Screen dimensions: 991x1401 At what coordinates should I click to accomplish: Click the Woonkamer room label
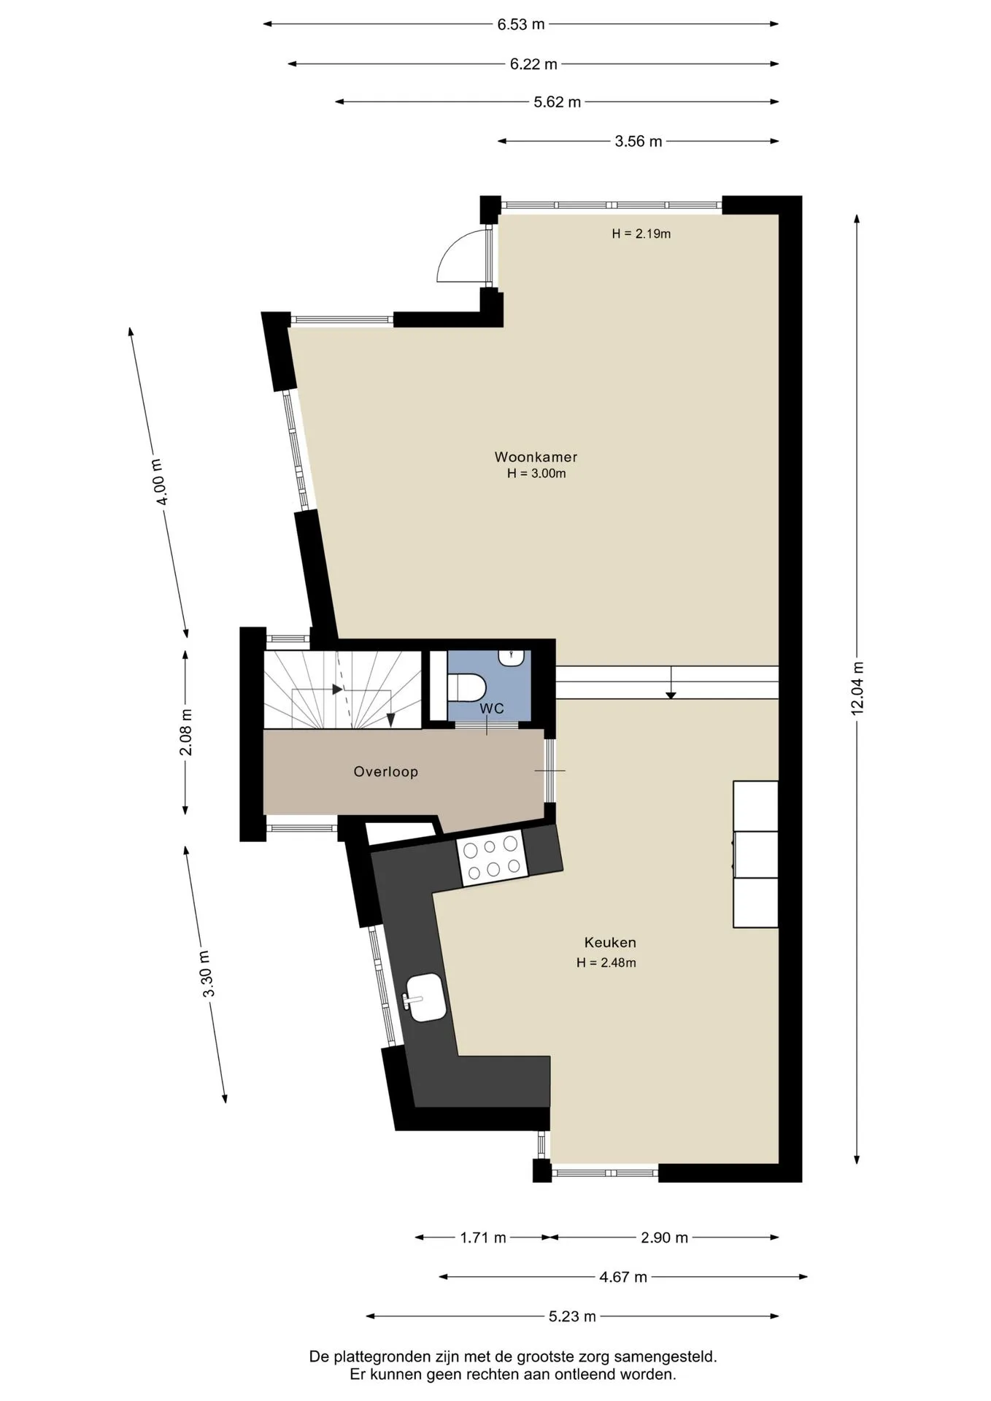pyautogui.click(x=536, y=458)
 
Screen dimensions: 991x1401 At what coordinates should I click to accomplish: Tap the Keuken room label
pyautogui.click(x=610, y=943)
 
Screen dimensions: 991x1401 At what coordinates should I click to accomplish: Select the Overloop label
pyautogui.click(x=385, y=772)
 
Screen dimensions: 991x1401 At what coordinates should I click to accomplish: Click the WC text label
pyautogui.click(x=492, y=709)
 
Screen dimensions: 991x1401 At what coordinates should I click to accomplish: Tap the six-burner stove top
pyautogui.click(x=491, y=857)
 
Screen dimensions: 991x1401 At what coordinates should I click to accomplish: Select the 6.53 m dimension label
pyautogui.click(x=521, y=24)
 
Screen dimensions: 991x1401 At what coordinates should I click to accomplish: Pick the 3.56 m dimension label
pyautogui.click(x=639, y=142)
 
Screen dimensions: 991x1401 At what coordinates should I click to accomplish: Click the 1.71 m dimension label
pyautogui.click(x=483, y=1238)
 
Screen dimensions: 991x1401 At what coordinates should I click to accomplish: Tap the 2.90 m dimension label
pyautogui.click(x=665, y=1238)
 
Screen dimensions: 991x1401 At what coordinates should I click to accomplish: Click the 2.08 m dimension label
pyautogui.click(x=185, y=733)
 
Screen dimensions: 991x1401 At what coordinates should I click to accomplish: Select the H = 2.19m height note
pyautogui.click(x=641, y=234)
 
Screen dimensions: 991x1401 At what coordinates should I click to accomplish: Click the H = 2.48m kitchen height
pyautogui.click(x=606, y=963)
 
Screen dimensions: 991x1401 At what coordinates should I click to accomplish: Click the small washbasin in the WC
pyautogui.click(x=512, y=657)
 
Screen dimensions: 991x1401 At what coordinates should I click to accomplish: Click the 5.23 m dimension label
pyautogui.click(x=572, y=1317)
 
